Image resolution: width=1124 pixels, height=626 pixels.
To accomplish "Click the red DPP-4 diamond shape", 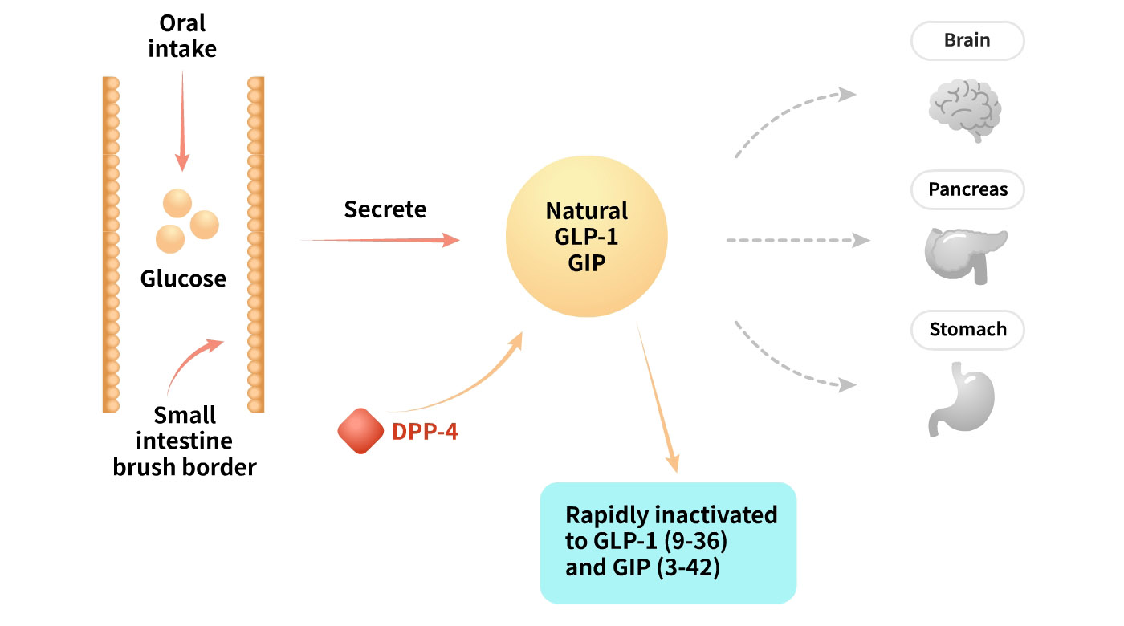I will [360, 431].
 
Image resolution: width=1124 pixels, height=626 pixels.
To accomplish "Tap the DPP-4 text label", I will [425, 432].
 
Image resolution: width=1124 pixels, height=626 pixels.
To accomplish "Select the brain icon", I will [964, 110].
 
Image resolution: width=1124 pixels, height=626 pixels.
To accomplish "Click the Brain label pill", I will [967, 40].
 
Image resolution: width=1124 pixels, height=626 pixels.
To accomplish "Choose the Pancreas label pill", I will [967, 190].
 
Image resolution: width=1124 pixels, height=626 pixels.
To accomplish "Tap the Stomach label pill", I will [967, 330].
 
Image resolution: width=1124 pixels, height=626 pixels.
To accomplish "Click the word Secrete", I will [385, 209].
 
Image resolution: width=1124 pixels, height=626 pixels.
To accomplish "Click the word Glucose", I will [183, 279].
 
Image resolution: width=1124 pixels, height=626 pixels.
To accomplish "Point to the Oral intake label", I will [183, 36].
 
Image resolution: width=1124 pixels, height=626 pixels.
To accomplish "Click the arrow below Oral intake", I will [182, 120].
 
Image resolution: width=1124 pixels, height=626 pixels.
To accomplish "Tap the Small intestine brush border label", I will [184, 441].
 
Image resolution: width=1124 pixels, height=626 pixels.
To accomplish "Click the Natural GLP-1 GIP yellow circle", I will [587, 238].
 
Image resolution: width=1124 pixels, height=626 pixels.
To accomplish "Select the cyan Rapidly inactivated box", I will [668, 542].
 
